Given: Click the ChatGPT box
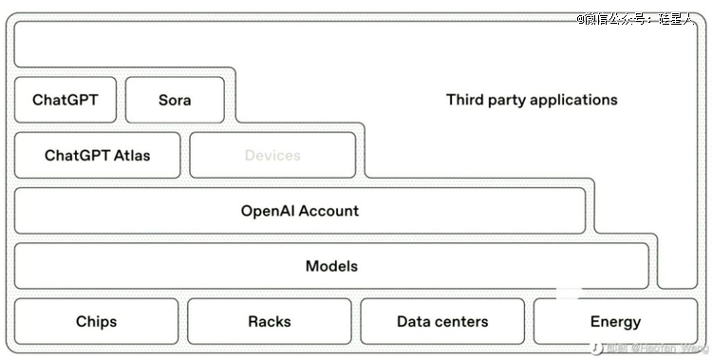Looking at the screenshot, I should point(66,100).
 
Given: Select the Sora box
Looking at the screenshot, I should point(175,100).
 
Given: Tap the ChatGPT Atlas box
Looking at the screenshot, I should point(97,155).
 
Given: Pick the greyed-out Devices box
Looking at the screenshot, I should point(272,155).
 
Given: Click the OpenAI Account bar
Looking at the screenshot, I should point(300,211).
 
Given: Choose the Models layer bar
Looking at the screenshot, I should point(331,266).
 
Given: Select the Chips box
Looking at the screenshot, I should point(96,321).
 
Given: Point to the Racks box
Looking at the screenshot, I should point(270,321).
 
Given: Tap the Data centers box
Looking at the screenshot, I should point(442,321).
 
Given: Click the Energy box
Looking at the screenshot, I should point(615,321).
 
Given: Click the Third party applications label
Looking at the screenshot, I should point(532,100).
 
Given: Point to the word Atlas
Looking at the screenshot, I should point(128,155).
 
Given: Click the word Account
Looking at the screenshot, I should point(330,211).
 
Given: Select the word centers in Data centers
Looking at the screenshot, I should point(462,321).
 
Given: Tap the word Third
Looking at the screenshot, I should point(464,100).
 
